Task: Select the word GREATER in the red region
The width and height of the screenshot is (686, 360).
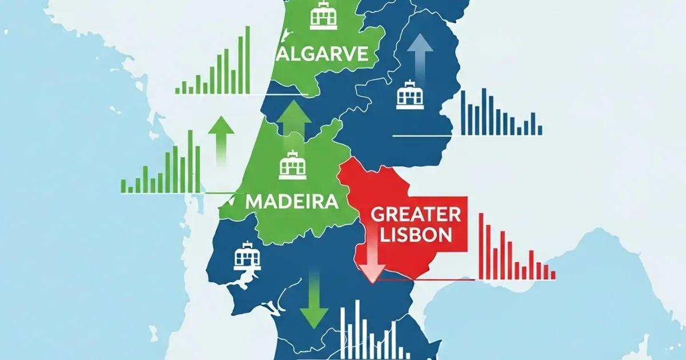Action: tap(416, 215)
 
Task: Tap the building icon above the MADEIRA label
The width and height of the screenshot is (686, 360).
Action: tap(293, 165)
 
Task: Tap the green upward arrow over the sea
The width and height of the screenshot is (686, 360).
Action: tap(221, 140)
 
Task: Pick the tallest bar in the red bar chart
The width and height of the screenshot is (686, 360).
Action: tap(481, 246)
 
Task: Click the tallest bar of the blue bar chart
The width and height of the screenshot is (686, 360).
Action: tap(484, 112)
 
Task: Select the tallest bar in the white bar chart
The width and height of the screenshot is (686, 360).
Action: tap(357, 329)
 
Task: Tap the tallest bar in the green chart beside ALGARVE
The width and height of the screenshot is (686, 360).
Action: tap(248, 60)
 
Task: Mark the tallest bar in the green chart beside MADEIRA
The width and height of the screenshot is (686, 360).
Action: tap(190, 161)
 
